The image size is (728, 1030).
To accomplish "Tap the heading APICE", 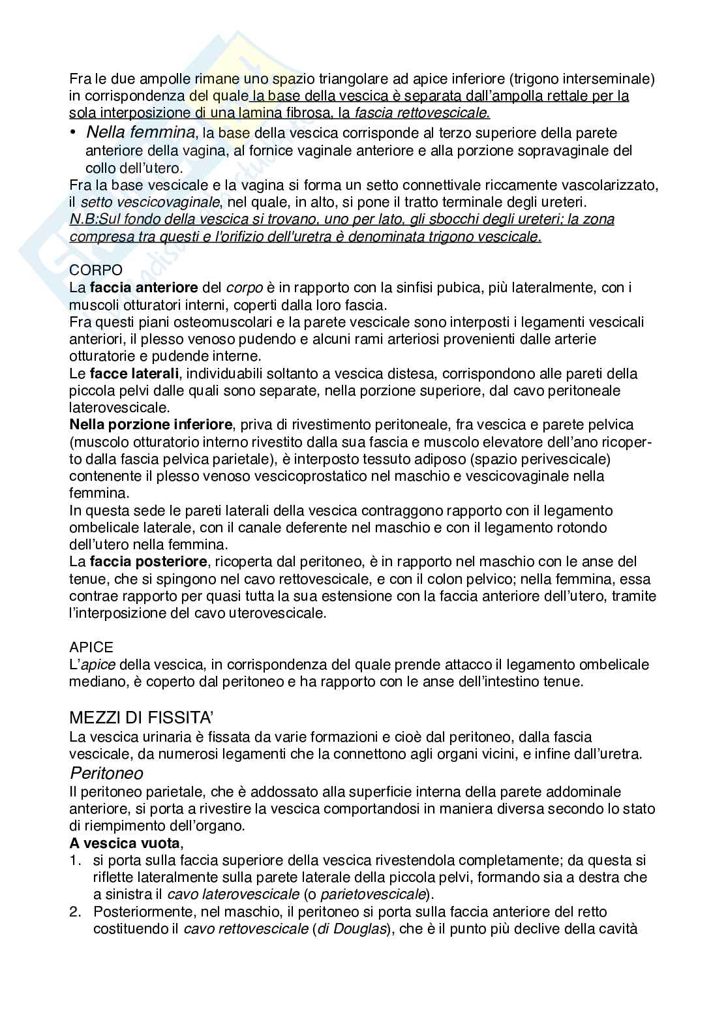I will (x=91, y=647).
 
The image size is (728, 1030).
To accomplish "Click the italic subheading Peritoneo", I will (x=106, y=773).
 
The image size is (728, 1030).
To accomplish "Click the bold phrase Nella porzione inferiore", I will (x=151, y=425).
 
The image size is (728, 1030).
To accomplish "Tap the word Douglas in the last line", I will (x=359, y=929).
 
